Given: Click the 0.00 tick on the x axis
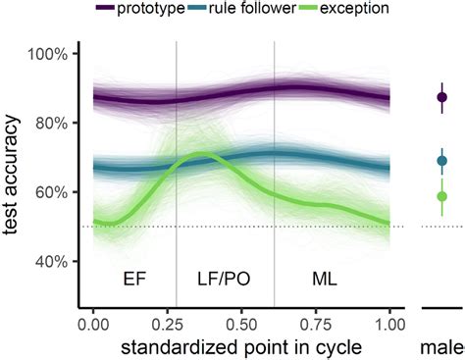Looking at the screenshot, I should point(92,323).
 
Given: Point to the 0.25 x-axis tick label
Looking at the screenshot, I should point(167,323).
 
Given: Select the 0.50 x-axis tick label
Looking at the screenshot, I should point(241,323).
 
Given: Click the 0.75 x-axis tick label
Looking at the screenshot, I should point(316,323).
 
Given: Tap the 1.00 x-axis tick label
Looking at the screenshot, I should point(389,323).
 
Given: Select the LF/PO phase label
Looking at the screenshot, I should point(224,279).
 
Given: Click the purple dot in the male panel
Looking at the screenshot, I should point(441,97).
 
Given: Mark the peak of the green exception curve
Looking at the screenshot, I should point(202,154).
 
